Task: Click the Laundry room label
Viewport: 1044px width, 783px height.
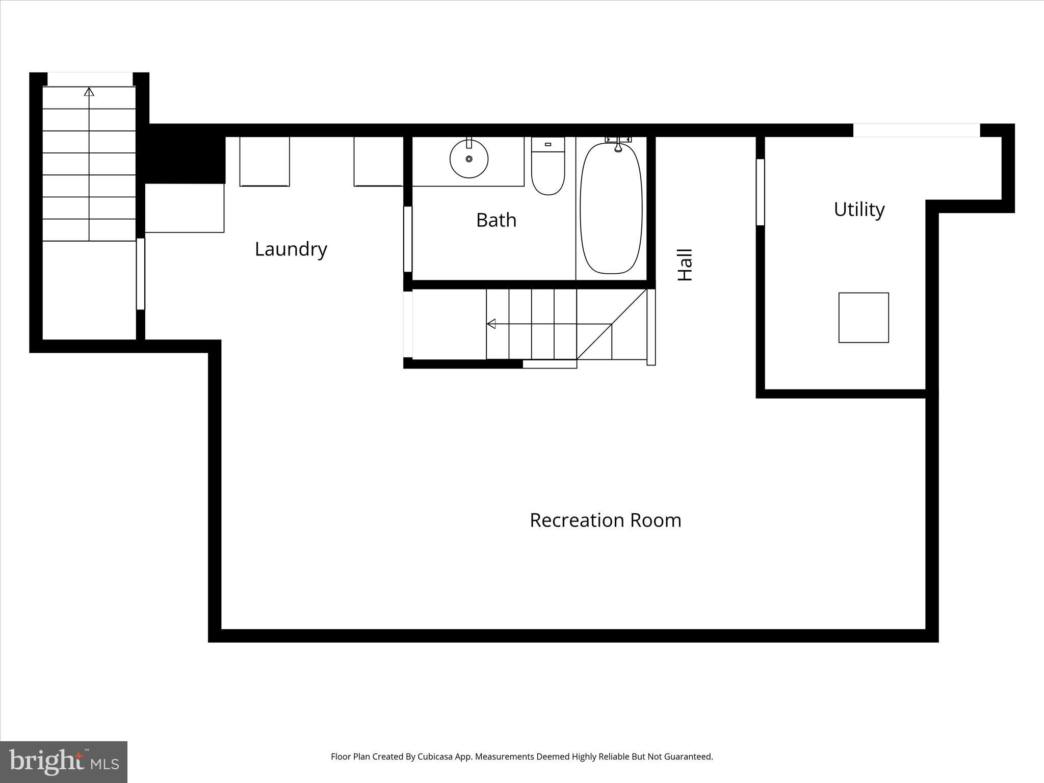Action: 291,249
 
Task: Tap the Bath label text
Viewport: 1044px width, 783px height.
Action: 496,220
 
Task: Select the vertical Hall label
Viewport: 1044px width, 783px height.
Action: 685,265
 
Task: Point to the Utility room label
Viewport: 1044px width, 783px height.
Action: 859,210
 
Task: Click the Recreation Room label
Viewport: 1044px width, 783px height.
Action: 605,520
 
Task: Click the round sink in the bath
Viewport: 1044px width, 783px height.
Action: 469,159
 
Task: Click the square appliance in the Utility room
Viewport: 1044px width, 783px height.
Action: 864,318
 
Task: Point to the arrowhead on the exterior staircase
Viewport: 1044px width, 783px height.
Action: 89,92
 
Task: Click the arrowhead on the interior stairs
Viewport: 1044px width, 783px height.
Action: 491,324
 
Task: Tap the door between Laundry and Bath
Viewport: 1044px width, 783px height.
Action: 408,239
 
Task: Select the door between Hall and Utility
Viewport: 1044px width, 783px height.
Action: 760,192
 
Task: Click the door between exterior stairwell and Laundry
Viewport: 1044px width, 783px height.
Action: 141,274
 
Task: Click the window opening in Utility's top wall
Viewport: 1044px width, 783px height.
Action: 916,130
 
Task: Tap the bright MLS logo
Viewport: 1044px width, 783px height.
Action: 64,762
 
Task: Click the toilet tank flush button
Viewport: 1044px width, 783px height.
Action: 548,144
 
